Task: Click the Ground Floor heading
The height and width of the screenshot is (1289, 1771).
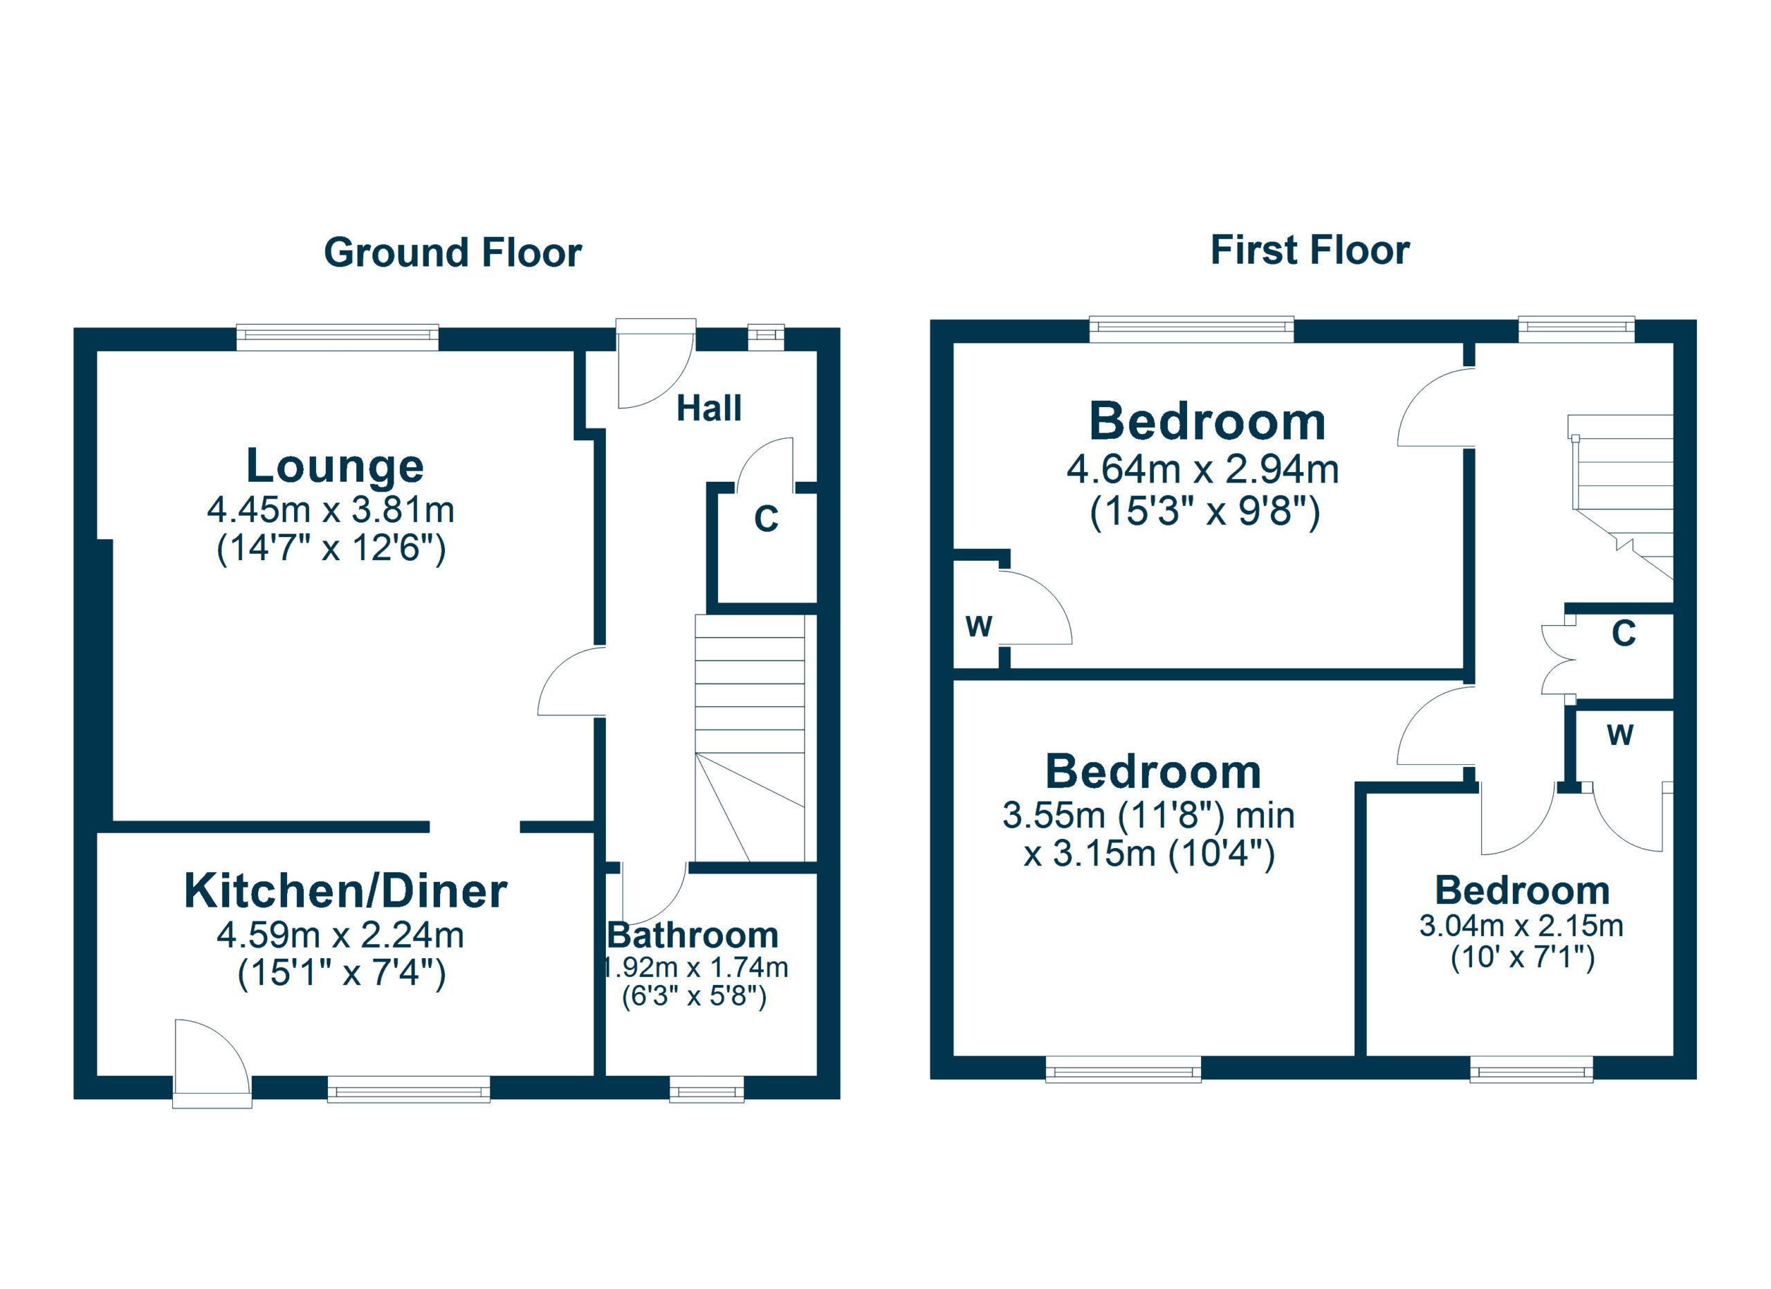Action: (452, 253)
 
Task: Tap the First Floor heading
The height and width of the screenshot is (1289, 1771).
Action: (1310, 251)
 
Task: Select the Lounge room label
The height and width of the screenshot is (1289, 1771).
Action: (335, 467)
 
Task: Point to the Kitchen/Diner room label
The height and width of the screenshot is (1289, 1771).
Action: (345, 892)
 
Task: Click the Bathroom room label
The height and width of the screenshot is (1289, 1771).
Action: (693, 936)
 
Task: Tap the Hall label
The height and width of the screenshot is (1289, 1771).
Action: (708, 408)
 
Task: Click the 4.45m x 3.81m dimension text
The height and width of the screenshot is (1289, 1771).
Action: (330, 510)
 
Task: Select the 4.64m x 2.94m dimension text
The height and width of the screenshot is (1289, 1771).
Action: (1202, 469)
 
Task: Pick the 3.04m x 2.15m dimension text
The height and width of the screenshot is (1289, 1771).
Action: (1521, 926)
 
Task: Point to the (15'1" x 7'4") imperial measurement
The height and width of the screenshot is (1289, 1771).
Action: (341, 974)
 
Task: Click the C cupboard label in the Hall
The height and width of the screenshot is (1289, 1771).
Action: (766, 519)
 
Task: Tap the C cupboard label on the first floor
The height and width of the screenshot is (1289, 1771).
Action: (1624, 633)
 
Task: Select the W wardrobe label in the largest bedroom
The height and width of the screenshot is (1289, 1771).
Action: (978, 627)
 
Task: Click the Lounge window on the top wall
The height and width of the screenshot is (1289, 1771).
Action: (338, 336)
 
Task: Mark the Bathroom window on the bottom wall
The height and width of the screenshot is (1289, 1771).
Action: (707, 1090)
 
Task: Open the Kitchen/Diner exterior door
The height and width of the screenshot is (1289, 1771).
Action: (211, 1063)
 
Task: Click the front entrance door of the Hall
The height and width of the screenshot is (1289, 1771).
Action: (654, 363)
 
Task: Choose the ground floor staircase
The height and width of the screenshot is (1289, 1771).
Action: (750, 738)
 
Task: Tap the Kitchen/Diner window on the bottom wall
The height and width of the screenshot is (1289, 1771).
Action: (408, 1089)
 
